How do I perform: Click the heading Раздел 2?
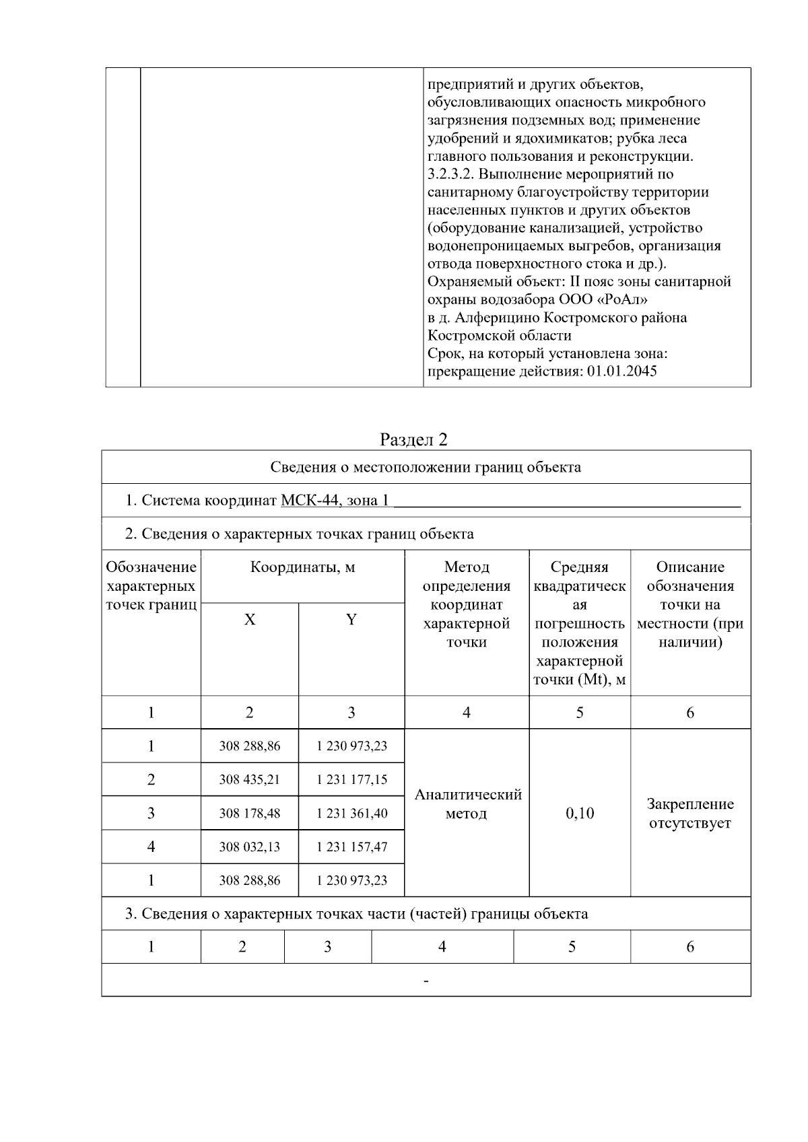413,439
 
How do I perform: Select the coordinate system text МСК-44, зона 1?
335,500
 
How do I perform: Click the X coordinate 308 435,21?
249,779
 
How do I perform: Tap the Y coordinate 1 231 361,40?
351,813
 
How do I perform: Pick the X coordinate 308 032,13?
249,847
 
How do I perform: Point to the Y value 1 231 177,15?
351,779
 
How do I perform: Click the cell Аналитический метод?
467,804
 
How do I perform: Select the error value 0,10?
580,813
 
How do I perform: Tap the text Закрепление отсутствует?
690,813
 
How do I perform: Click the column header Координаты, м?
302,567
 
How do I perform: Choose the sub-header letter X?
250,620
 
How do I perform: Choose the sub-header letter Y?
351,620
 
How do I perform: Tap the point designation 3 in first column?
151,813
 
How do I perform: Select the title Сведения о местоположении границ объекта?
426,467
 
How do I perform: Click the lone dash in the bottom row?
426,980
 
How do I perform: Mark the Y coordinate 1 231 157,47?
351,847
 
